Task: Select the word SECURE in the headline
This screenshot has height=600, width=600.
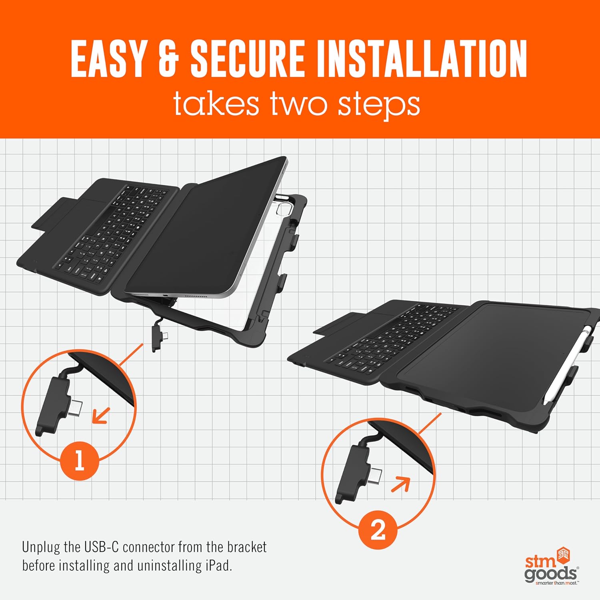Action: click(x=248, y=59)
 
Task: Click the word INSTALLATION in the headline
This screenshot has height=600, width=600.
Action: click(x=422, y=59)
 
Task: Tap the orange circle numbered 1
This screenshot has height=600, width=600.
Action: click(x=79, y=460)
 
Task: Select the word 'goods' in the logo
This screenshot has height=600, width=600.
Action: click(x=550, y=574)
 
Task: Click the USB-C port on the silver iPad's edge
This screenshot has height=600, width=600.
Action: click(x=166, y=296)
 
